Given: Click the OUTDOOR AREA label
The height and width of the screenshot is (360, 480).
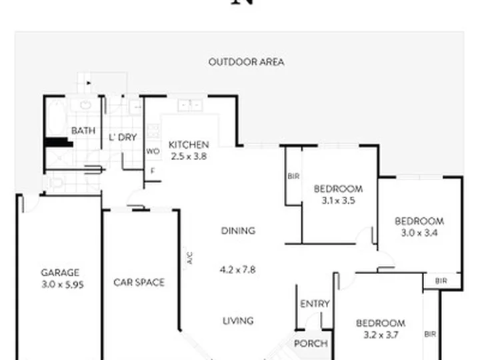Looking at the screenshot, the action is [246, 62].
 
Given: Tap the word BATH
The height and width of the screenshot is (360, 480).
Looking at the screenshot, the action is [83, 131].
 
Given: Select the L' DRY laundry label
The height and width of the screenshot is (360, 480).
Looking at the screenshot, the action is [123, 137].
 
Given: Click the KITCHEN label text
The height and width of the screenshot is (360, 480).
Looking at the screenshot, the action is [189, 145].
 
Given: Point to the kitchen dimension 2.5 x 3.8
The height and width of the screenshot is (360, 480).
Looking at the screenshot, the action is [189, 157].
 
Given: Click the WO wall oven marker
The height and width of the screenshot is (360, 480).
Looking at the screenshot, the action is [153, 151].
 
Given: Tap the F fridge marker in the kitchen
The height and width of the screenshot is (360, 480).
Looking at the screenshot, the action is [153, 171].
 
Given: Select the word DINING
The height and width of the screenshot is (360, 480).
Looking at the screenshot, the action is [238, 231].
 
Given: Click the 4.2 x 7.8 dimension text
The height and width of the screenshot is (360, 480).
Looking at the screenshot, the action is [238, 270].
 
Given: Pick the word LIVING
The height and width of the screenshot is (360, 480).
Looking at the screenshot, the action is [238, 321].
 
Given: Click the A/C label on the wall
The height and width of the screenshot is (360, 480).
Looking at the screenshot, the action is [190, 258].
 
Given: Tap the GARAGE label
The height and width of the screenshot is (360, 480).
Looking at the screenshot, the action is [60, 273].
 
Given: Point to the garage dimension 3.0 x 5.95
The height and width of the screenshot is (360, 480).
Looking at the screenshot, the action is [63, 285].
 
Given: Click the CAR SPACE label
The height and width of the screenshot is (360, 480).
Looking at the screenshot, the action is [139, 282].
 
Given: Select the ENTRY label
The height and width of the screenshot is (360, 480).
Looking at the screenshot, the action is [315, 304].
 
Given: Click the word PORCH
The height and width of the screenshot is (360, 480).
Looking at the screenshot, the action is [311, 343].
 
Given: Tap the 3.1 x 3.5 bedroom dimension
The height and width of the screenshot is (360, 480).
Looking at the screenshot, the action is [338, 201].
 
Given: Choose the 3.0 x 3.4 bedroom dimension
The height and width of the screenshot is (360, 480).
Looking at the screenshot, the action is [419, 233].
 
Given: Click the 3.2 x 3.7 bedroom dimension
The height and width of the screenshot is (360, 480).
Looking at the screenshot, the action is [381, 335].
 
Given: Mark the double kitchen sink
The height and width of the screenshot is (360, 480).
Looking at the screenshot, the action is [190, 105].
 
